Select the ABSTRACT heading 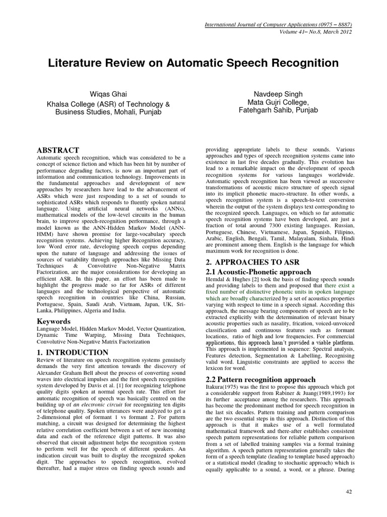(58, 150)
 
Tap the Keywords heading (54, 322)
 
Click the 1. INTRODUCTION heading (73, 352)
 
